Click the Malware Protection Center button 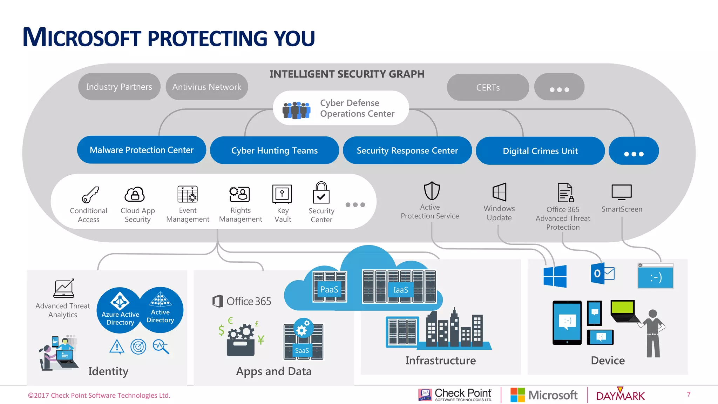click(x=141, y=150)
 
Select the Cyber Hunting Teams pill click(x=274, y=150)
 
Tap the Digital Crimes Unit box click(x=540, y=151)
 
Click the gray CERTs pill click(x=488, y=87)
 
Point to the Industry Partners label click(x=119, y=87)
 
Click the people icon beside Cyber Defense click(x=296, y=110)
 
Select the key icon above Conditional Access click(x=90, y=195)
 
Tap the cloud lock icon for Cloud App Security click(x=135, y=194)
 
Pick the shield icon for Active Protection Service click(x=432, y=191)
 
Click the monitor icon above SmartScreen click(x=621, y=192)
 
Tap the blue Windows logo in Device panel click(x=555, y=276)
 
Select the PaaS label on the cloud click(x=329, y=289)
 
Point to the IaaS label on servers click(x=400, y=290)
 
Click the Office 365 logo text click(x=242, y=301)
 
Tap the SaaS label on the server click(x=302, y=350)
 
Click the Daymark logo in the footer click(x=620, y=395)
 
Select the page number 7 click(x=689, y=395)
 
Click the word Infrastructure click(x=440, y=361)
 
